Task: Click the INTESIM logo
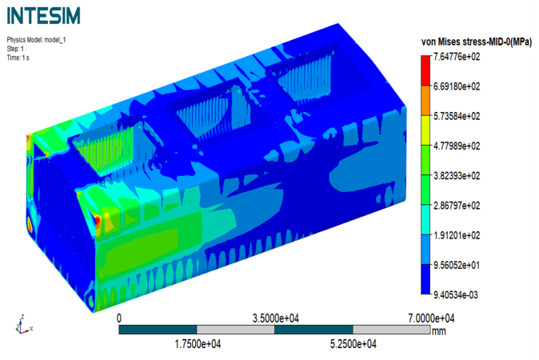pos(44,16)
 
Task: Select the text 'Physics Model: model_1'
pos(36,40)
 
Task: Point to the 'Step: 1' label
pos(15,49)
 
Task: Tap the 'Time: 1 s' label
pos(18,58)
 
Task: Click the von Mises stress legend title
pos(477,42)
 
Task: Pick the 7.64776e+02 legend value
pos(457,56)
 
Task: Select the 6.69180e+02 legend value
pos(457,86)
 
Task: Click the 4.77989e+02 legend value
pos(457,146)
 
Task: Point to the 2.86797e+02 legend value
pos(457,206)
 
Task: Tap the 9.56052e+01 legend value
pos(457,266)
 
